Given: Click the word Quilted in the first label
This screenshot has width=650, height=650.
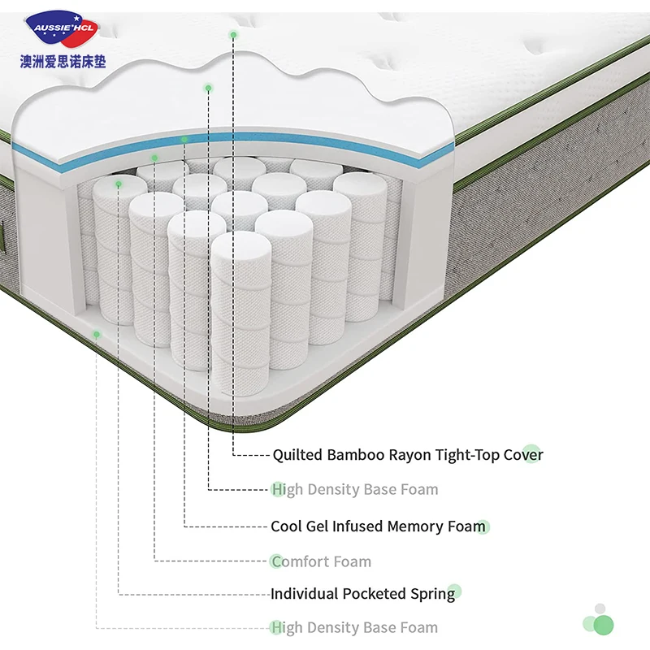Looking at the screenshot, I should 297,455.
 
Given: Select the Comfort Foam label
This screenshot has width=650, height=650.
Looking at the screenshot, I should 321,561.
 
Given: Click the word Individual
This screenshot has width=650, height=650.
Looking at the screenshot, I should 305,594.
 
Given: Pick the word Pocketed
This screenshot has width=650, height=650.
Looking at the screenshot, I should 375,594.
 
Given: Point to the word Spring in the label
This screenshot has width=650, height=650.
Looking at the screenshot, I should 433,594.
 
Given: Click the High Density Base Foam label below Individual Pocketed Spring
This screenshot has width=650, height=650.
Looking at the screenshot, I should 354,627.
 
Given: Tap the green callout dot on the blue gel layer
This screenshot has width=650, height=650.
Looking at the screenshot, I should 185,140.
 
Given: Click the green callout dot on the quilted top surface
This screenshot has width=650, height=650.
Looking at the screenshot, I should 234,34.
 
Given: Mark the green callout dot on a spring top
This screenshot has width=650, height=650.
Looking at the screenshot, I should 119,184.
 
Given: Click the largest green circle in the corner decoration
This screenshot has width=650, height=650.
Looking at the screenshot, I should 603,624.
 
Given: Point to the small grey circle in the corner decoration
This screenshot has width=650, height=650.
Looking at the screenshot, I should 600,609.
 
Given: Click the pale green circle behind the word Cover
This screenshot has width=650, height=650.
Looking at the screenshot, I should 531,453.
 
